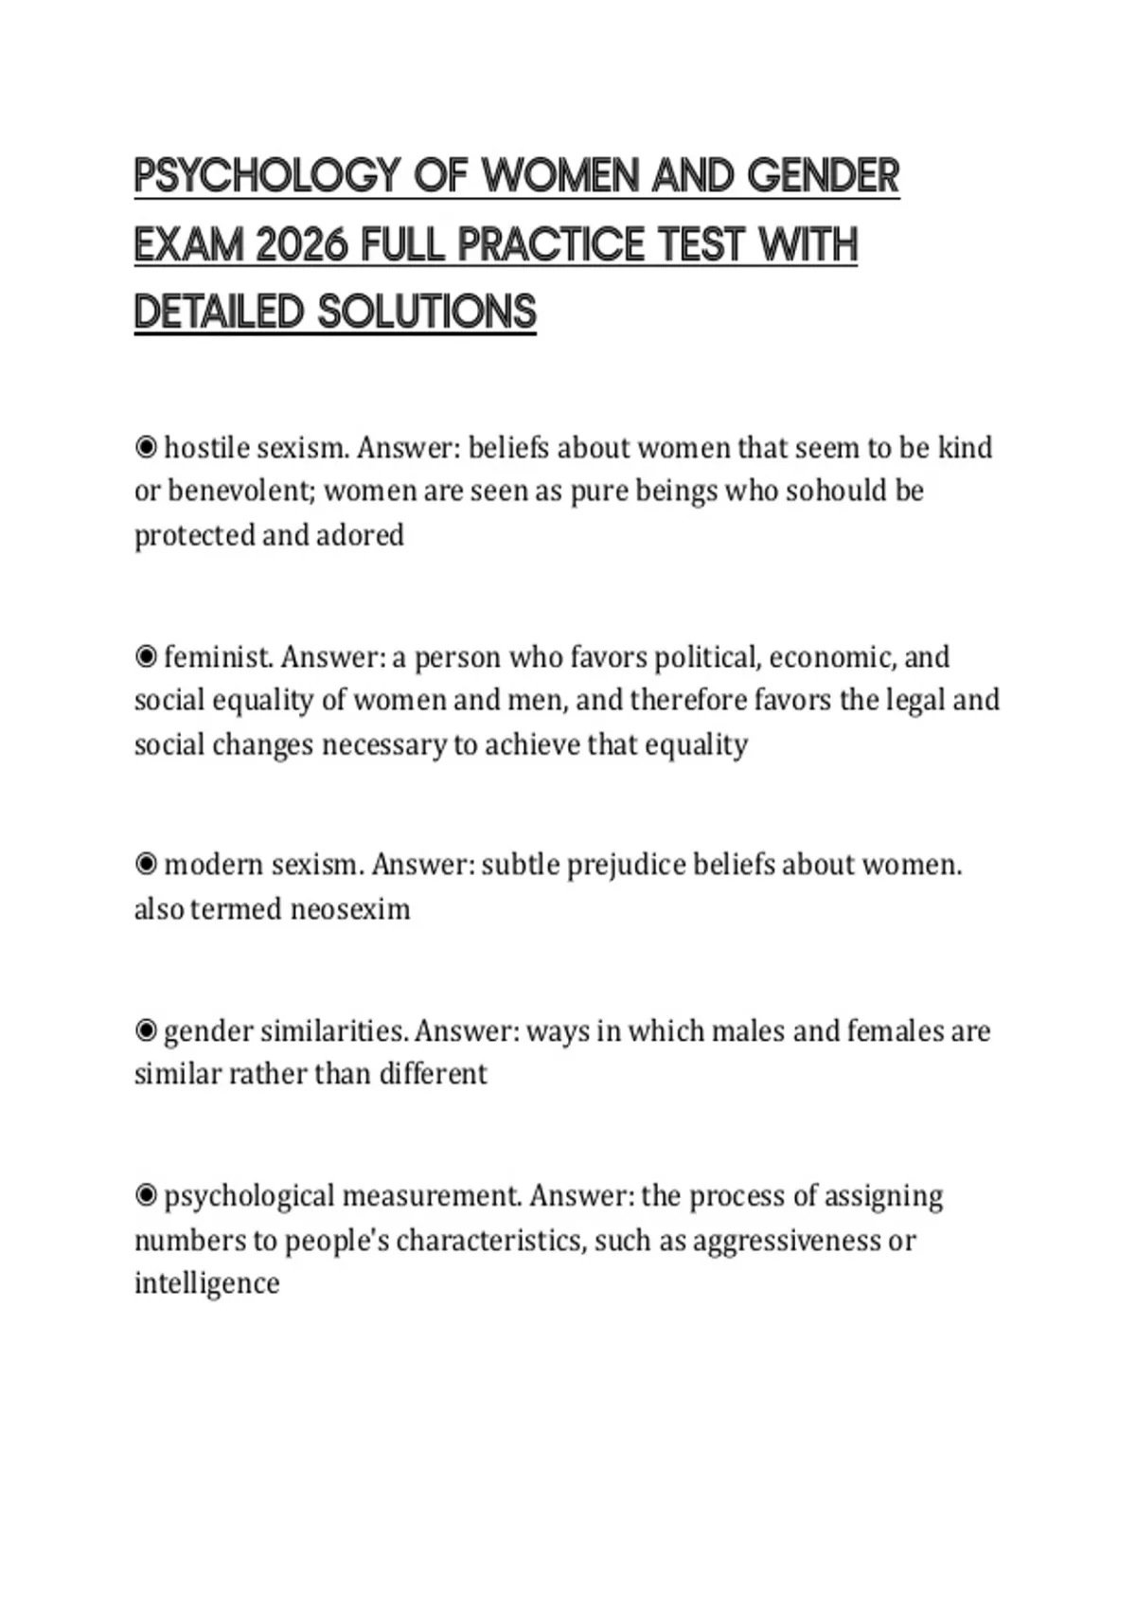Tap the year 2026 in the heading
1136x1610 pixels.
tap(303, 245)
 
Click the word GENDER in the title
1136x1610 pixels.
tap(823, 177)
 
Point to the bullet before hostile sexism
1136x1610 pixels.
tap(146, 447)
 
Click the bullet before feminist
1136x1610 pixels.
tap(146, 656)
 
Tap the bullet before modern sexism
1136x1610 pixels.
tap(146, 865)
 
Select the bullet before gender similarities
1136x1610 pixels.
tap(146, 1030)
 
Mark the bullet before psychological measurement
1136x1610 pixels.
tap(146, 1196)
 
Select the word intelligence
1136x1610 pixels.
tap(207, 1283)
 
